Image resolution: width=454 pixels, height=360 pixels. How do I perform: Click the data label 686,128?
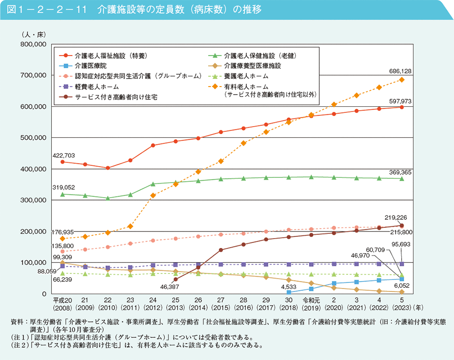click(x=400, y=71)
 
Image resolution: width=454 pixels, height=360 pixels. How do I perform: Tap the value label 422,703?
click(x=63, y=155)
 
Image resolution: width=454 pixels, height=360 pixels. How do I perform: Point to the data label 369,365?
click(x=400, y=172)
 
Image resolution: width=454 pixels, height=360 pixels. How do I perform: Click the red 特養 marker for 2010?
click(x=108, y=168)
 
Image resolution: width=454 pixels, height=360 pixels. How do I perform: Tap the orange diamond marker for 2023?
click(x=402, y=80)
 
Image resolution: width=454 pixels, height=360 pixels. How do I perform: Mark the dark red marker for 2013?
click(x=176, y=279)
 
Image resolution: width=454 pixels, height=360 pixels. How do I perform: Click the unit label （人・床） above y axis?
click(x=34, y=34)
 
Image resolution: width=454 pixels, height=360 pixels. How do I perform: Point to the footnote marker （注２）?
click(x=19, y=344)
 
